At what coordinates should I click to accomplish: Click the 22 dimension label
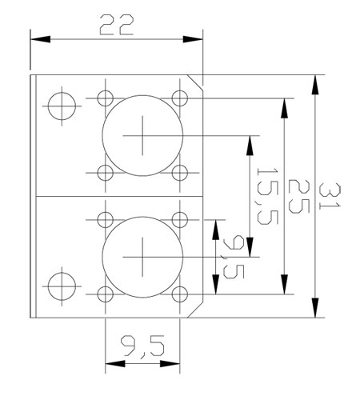point(116,25)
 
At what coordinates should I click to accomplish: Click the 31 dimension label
point(330,196)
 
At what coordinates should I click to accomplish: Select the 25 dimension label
point(298,197)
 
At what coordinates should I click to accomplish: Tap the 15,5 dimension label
point(267,196)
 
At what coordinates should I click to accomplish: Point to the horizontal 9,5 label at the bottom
point(142,346)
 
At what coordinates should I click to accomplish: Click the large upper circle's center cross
point(142,135)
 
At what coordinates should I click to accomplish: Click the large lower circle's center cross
point(142,257)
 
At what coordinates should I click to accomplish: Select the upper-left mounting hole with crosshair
point(62,106)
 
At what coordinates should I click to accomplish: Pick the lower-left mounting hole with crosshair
point(62,286)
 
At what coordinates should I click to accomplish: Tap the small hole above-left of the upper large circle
point(106,98)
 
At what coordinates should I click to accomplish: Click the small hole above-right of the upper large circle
point(180,98)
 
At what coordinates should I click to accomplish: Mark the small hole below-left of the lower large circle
point(106,294)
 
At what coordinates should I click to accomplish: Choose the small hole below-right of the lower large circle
point(180,294)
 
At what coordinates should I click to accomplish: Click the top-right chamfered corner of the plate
point(195,83)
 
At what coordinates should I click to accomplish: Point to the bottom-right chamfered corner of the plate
point(195,310)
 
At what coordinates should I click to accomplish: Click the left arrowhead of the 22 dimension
point(40,39)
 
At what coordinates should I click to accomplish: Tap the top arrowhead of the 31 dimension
point(315,85)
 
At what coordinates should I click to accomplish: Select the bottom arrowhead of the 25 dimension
point(285,284)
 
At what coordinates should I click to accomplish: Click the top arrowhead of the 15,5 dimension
point(250,146)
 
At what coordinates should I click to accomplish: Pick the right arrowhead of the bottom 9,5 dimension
point(170,363)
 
